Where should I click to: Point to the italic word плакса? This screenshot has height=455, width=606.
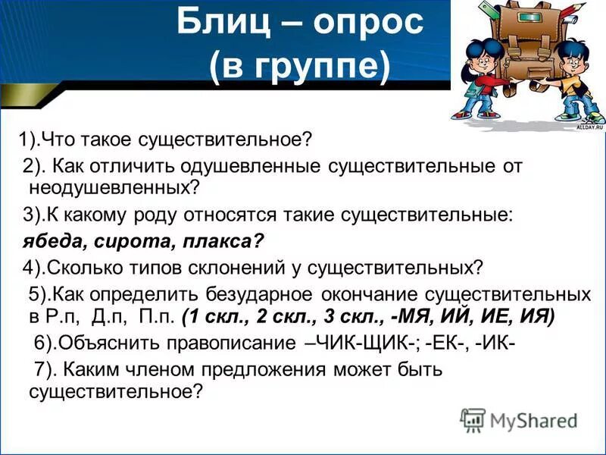click(x=220, y=241)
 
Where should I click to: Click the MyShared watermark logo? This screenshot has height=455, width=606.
click(x=519, y=419)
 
